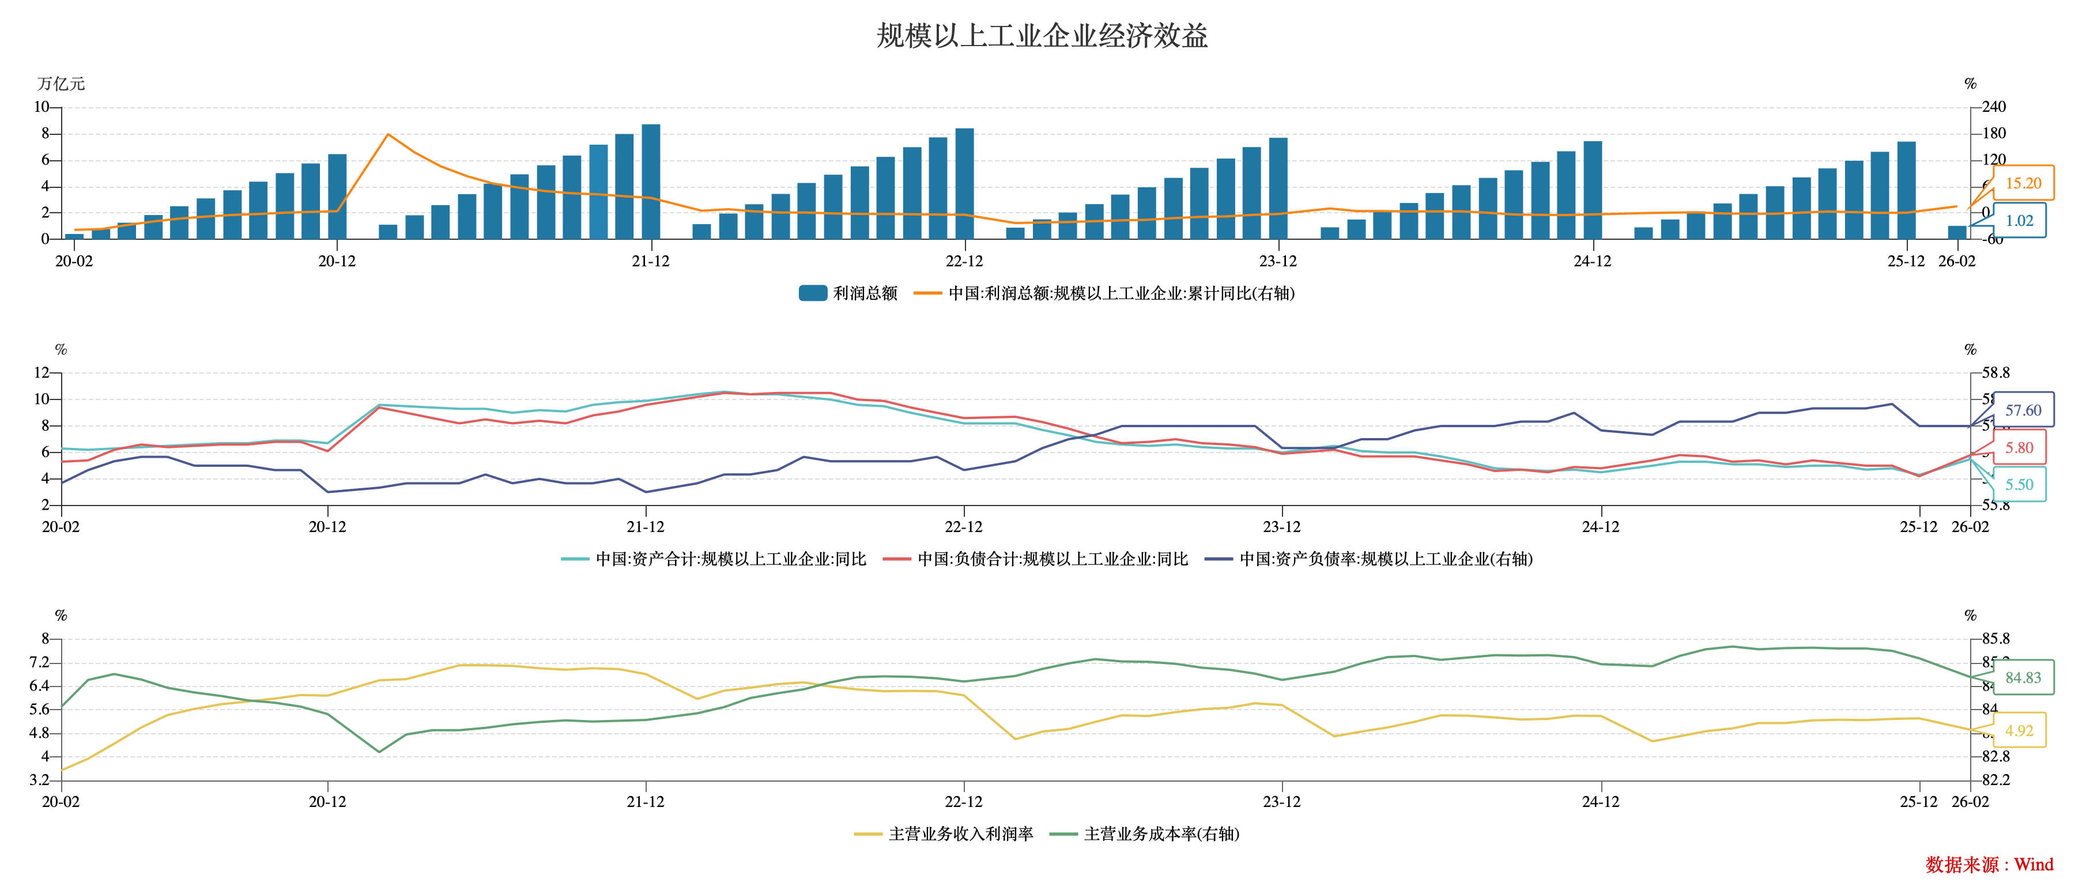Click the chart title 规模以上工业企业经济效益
click(x=1042, y=36)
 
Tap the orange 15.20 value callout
click(x=2023, y=184)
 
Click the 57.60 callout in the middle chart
click(x=2023, y=410)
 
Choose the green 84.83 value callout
click(x=2023, y=678)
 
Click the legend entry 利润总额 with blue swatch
click(x=848, y=293)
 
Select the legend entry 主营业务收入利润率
click(x=944, y=834)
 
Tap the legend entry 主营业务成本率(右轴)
click(x=1145, y=834)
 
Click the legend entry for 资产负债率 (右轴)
click(x=1368, y=559)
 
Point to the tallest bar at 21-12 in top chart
click(x=651, y=182)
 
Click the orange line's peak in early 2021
click(x=388, y=134)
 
